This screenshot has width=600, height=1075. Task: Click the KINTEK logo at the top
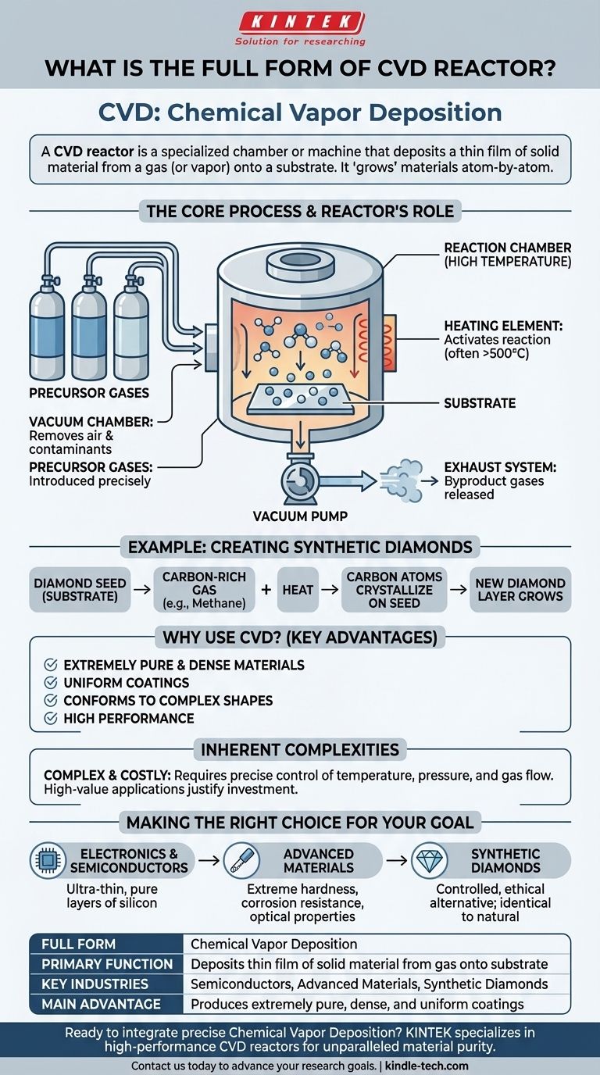coord(300,22)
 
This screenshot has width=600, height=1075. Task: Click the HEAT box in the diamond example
coord(298,591)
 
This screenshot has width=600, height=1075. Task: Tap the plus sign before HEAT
coord(266,591)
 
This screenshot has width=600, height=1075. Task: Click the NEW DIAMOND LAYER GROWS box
coord(520,591)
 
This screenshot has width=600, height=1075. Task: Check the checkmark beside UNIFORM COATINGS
coord(51,683)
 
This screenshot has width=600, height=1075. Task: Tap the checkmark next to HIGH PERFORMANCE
coord(51,718)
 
